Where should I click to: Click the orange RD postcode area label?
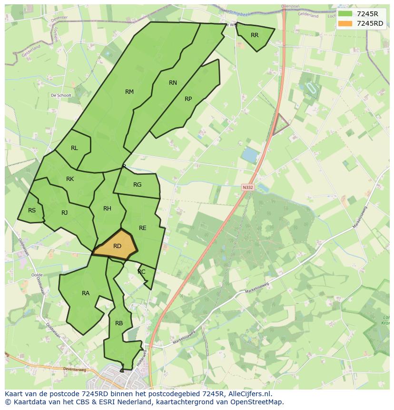pos(117,246)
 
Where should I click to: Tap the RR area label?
pos(255,35)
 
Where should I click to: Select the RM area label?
pos(129,92)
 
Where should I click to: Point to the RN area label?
pos(173,83)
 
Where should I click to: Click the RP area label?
pos(188,99)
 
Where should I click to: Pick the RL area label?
pos(74,148)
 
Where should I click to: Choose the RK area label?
pos(70,179)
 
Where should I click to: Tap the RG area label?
pos(137,185)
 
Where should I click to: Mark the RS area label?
pos(32,210)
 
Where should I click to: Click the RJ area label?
pos(65,213)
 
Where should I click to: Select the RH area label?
pos(107,209)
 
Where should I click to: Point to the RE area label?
pos(143,228)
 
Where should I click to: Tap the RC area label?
pos(141,272)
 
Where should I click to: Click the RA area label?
pos(86,293)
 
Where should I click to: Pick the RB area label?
pos(119,323)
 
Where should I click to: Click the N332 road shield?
pos(247,187)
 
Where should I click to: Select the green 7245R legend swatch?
pos(345,14)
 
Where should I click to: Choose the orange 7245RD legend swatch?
pos(345,23)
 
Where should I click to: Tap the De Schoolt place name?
pos(61,95)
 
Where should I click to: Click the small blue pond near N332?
pos(249,155)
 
